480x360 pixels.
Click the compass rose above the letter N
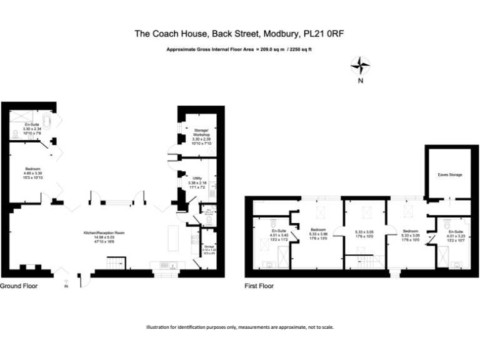(x=361, y=64)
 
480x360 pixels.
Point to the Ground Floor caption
(x=19, y=286)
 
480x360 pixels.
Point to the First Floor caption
(x=259, y=286)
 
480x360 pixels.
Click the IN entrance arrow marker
(x=65, y=286)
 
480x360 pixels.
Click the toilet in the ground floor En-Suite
(x=16, y=134)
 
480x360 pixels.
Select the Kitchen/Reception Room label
(x=104, y=232)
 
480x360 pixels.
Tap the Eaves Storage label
(x=449, y=174)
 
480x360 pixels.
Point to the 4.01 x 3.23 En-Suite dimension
(x=456, y=236)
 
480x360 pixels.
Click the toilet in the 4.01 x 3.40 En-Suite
(x=273, y=223)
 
